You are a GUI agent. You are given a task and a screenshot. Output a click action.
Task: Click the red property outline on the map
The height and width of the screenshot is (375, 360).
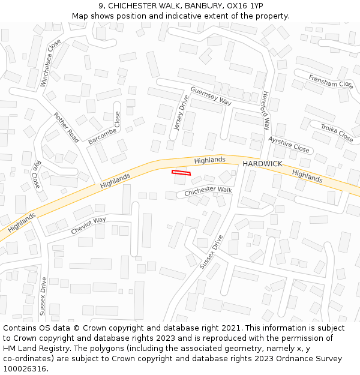point(181,173)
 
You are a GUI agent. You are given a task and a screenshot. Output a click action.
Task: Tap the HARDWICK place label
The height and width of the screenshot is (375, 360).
point(262,164)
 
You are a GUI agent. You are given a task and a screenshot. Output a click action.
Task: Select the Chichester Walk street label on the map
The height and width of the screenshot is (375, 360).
point(208,191)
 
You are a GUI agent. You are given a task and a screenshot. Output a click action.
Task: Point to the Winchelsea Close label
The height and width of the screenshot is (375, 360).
point(51,63)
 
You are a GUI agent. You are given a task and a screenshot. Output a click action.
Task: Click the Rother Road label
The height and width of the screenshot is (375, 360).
point(66,127)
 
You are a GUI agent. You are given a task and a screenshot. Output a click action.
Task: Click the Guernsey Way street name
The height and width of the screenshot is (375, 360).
point(211,96)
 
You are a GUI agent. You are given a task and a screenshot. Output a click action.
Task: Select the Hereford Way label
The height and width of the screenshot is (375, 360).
point(266,110)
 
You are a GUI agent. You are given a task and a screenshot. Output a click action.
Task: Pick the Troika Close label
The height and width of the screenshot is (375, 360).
point(337,133)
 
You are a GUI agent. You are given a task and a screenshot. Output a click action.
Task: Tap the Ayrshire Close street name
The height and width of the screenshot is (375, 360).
point(289,145)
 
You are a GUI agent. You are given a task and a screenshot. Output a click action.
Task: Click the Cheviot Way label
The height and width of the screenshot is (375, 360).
point(88,224)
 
